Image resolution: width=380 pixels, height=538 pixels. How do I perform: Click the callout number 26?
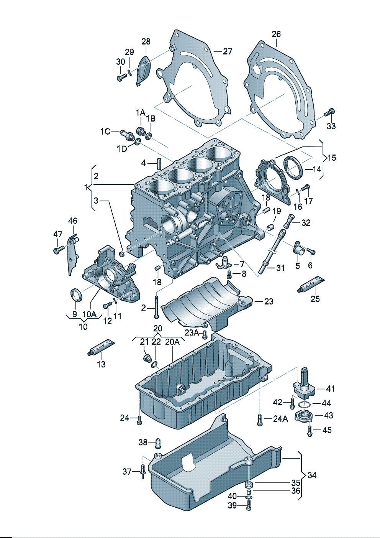[276, 34]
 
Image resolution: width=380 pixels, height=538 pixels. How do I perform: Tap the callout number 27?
[228, 51]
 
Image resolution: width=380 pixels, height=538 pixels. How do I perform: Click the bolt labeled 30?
[121, 77]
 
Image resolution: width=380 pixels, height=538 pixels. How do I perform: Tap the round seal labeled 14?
[294, 168]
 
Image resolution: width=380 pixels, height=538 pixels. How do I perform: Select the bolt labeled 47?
[58, 250]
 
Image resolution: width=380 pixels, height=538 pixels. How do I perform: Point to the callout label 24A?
[280, 419]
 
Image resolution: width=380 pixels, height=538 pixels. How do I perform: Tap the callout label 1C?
[105, 132]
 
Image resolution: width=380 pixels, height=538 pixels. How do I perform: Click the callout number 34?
[312, 475]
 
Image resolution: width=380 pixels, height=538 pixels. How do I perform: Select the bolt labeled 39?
[249, 506]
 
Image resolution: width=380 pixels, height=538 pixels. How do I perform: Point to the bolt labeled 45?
[310, 431]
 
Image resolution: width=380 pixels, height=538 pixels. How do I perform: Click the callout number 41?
[330, 388]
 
